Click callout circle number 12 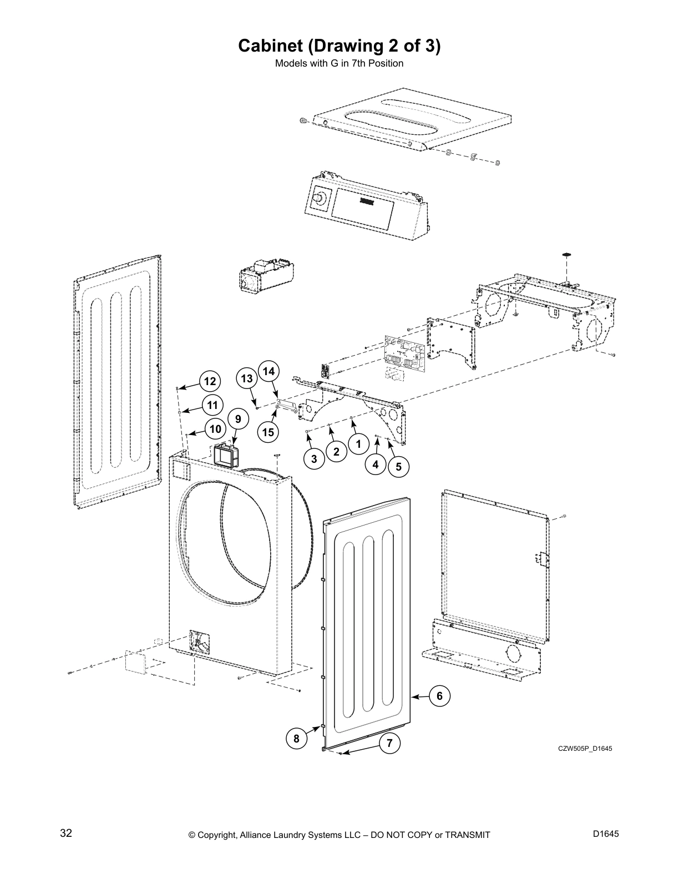pos(210,382)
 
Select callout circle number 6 pos(439,696)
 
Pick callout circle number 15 pos(268,432)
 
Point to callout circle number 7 pos(389,743)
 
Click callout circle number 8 pos(297,739)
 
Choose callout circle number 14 pos(268,371)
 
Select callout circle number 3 pos(314,459)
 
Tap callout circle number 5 pos(398,467)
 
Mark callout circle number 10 pos(215,429)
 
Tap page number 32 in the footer pos(66,833)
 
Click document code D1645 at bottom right pos(605,833)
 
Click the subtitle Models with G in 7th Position pos(339,63)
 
